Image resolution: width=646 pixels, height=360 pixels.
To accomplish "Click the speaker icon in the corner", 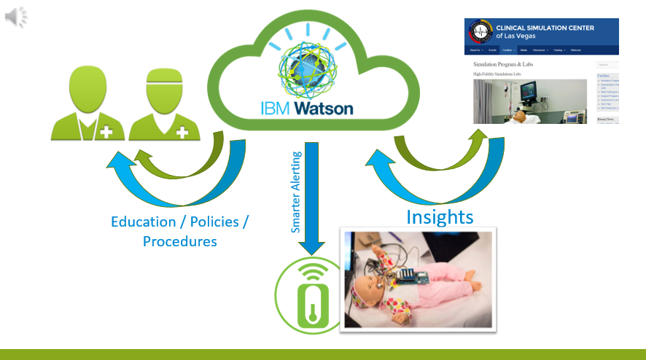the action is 16,16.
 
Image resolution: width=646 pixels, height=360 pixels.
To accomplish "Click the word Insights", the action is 440,216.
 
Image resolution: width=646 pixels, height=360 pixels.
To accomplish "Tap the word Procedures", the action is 179,241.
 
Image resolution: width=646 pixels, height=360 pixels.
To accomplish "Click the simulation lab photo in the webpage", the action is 530,101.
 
